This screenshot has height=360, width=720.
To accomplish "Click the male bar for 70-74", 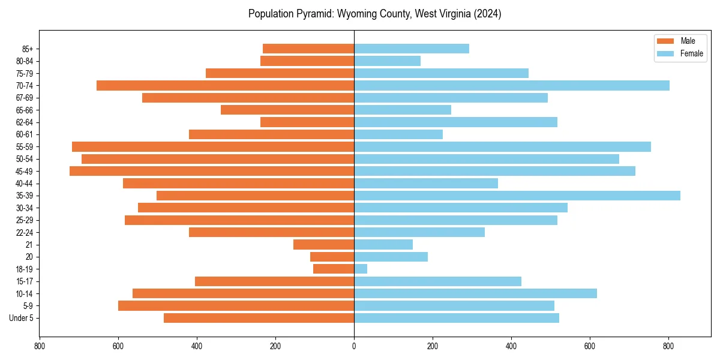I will pos(225,86).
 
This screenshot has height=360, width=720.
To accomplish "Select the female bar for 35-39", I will pos(517,196).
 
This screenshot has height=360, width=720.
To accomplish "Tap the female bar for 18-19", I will pos(361,269).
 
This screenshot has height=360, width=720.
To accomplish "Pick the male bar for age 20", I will pos(332,257).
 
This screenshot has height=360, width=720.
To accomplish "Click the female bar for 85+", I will pos(412,49).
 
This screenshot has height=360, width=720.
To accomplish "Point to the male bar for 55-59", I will pos(213,147).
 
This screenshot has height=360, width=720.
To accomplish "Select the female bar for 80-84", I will pos(387,61).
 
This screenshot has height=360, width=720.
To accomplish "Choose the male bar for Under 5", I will pos(259,318).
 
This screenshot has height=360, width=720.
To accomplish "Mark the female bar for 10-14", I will pos(475,293).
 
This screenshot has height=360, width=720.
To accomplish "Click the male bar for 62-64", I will pos(307,122).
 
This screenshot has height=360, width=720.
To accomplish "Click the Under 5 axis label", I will pos(22,318).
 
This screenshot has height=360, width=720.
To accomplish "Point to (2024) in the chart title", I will pos(487,14).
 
